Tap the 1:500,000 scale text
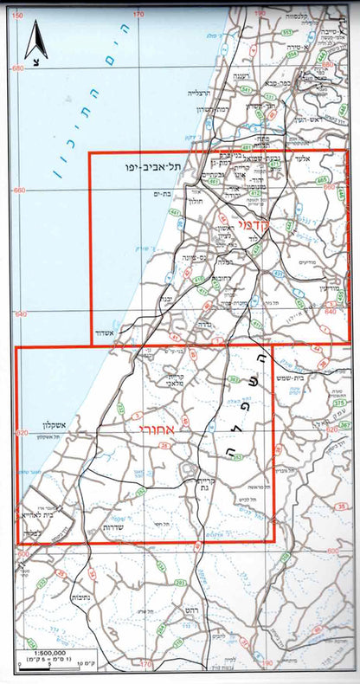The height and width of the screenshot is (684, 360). coord(41,651)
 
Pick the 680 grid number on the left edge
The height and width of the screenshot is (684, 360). coord(17,69)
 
